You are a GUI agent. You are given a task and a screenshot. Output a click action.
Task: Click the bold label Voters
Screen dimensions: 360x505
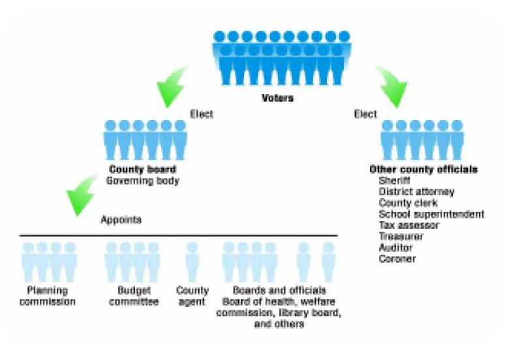tap(277, 98)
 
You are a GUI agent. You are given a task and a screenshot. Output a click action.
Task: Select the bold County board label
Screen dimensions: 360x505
tap(142, 170)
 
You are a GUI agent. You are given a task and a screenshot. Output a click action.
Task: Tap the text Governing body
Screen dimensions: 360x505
tap(142, 180)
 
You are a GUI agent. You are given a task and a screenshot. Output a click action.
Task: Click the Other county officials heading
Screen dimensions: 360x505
tap(423, 170)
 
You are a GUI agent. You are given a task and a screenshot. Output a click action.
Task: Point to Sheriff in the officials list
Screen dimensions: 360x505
tap(395, 181)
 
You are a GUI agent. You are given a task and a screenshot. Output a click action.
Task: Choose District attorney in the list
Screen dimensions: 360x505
tap(416, 192)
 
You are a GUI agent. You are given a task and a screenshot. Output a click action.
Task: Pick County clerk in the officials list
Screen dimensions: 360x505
tap(408, 203)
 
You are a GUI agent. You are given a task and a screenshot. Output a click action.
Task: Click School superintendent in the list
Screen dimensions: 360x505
tap(431, 214)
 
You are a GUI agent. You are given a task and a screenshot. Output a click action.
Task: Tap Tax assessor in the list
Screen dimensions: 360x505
tap(409, 225)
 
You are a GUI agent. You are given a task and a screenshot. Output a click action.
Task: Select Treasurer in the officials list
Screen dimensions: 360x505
tap(401, 237)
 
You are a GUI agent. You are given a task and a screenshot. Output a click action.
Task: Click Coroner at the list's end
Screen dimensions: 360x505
tap(397, 259)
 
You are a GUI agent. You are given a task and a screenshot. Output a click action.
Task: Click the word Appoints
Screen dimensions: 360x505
tap(121, 220)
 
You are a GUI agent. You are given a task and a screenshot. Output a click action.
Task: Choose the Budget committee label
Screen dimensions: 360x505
tap(134, 296)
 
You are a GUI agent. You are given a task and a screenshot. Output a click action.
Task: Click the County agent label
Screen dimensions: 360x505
tap(192, 296)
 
